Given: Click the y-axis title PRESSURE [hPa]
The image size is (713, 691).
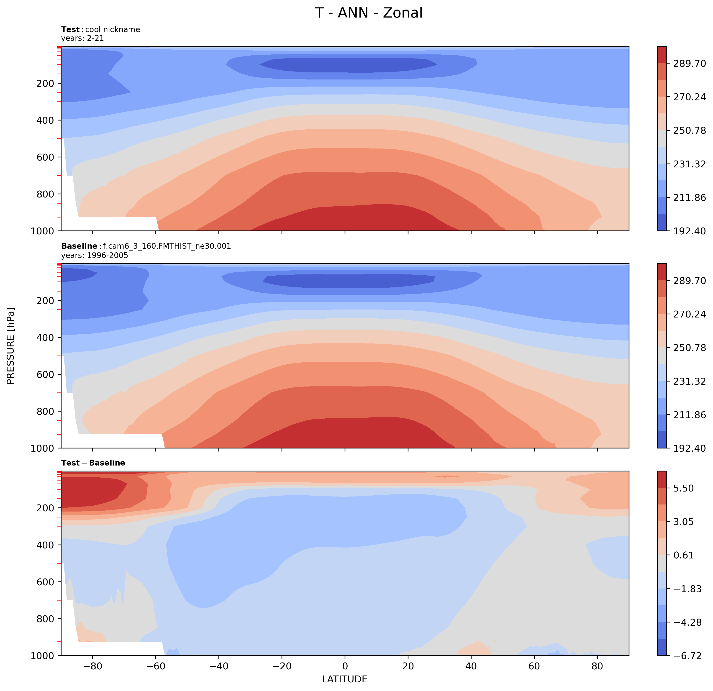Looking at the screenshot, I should [11, 346].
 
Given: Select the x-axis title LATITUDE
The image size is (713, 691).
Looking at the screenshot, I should [344, 679].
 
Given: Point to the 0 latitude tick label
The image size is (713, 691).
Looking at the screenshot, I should [345, 666].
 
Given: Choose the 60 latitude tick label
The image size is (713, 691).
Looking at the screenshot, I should [534, 666].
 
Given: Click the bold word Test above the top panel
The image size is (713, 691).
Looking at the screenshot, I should [70, 29].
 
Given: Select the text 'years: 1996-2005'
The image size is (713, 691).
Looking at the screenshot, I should [95, 256].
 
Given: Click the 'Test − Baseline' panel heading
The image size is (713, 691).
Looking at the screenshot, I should [93, 463].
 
